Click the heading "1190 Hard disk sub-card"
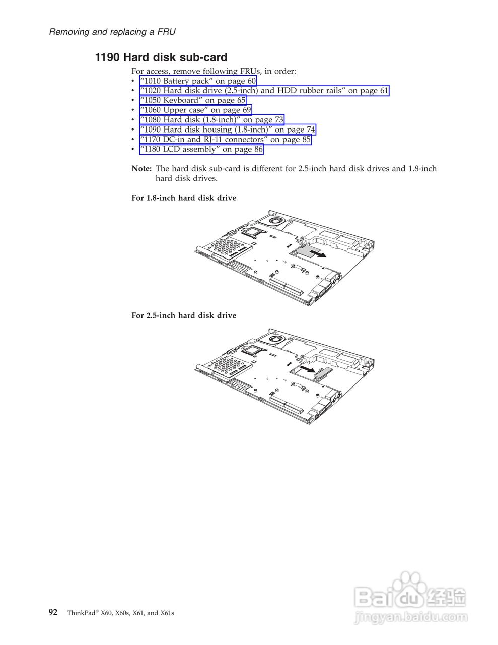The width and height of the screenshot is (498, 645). pos(161,57)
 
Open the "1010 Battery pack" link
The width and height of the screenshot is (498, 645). pos(198,81)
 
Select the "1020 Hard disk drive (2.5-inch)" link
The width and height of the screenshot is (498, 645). pos(264,91)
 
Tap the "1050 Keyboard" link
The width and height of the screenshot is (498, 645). pos(193,100)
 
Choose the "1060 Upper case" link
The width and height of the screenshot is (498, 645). pos(195,110)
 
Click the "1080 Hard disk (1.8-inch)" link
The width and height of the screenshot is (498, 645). pos(211,120)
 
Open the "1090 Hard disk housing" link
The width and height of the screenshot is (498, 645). pos(228,130)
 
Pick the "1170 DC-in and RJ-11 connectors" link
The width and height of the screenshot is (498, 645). pos(225,139)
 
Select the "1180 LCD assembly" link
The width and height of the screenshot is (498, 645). pos(201,149)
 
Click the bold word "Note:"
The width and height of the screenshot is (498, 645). pos(141,169)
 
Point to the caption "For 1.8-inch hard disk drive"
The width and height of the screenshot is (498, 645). pos(183,198)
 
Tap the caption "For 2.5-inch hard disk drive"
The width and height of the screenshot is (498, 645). pos(183,315)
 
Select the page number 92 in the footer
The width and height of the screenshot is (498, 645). pos(53,612)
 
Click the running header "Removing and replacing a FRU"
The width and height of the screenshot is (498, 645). pos(112,32)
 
